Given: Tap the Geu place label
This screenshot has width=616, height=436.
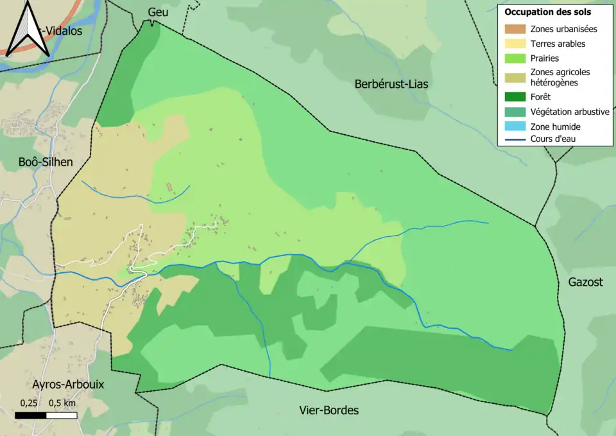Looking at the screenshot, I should tap(157, 12).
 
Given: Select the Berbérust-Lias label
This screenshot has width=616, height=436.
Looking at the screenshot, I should tap(391, 84).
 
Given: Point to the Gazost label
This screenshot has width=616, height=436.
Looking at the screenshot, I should tap(585, 282).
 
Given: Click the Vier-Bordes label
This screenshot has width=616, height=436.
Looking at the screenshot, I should tap(329, 410).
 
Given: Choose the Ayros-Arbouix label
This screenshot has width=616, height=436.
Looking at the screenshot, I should tap(68, 385).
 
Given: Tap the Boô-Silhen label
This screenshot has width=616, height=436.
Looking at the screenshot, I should tap(46, 162).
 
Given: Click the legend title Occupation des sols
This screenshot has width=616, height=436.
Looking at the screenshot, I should tap(547, 12).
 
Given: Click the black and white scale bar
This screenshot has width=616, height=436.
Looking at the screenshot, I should tap(46, 415).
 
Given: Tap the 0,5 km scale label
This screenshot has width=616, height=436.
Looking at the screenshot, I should tap(62, 403).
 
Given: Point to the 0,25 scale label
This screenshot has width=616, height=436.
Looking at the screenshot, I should tap(28, 403).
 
